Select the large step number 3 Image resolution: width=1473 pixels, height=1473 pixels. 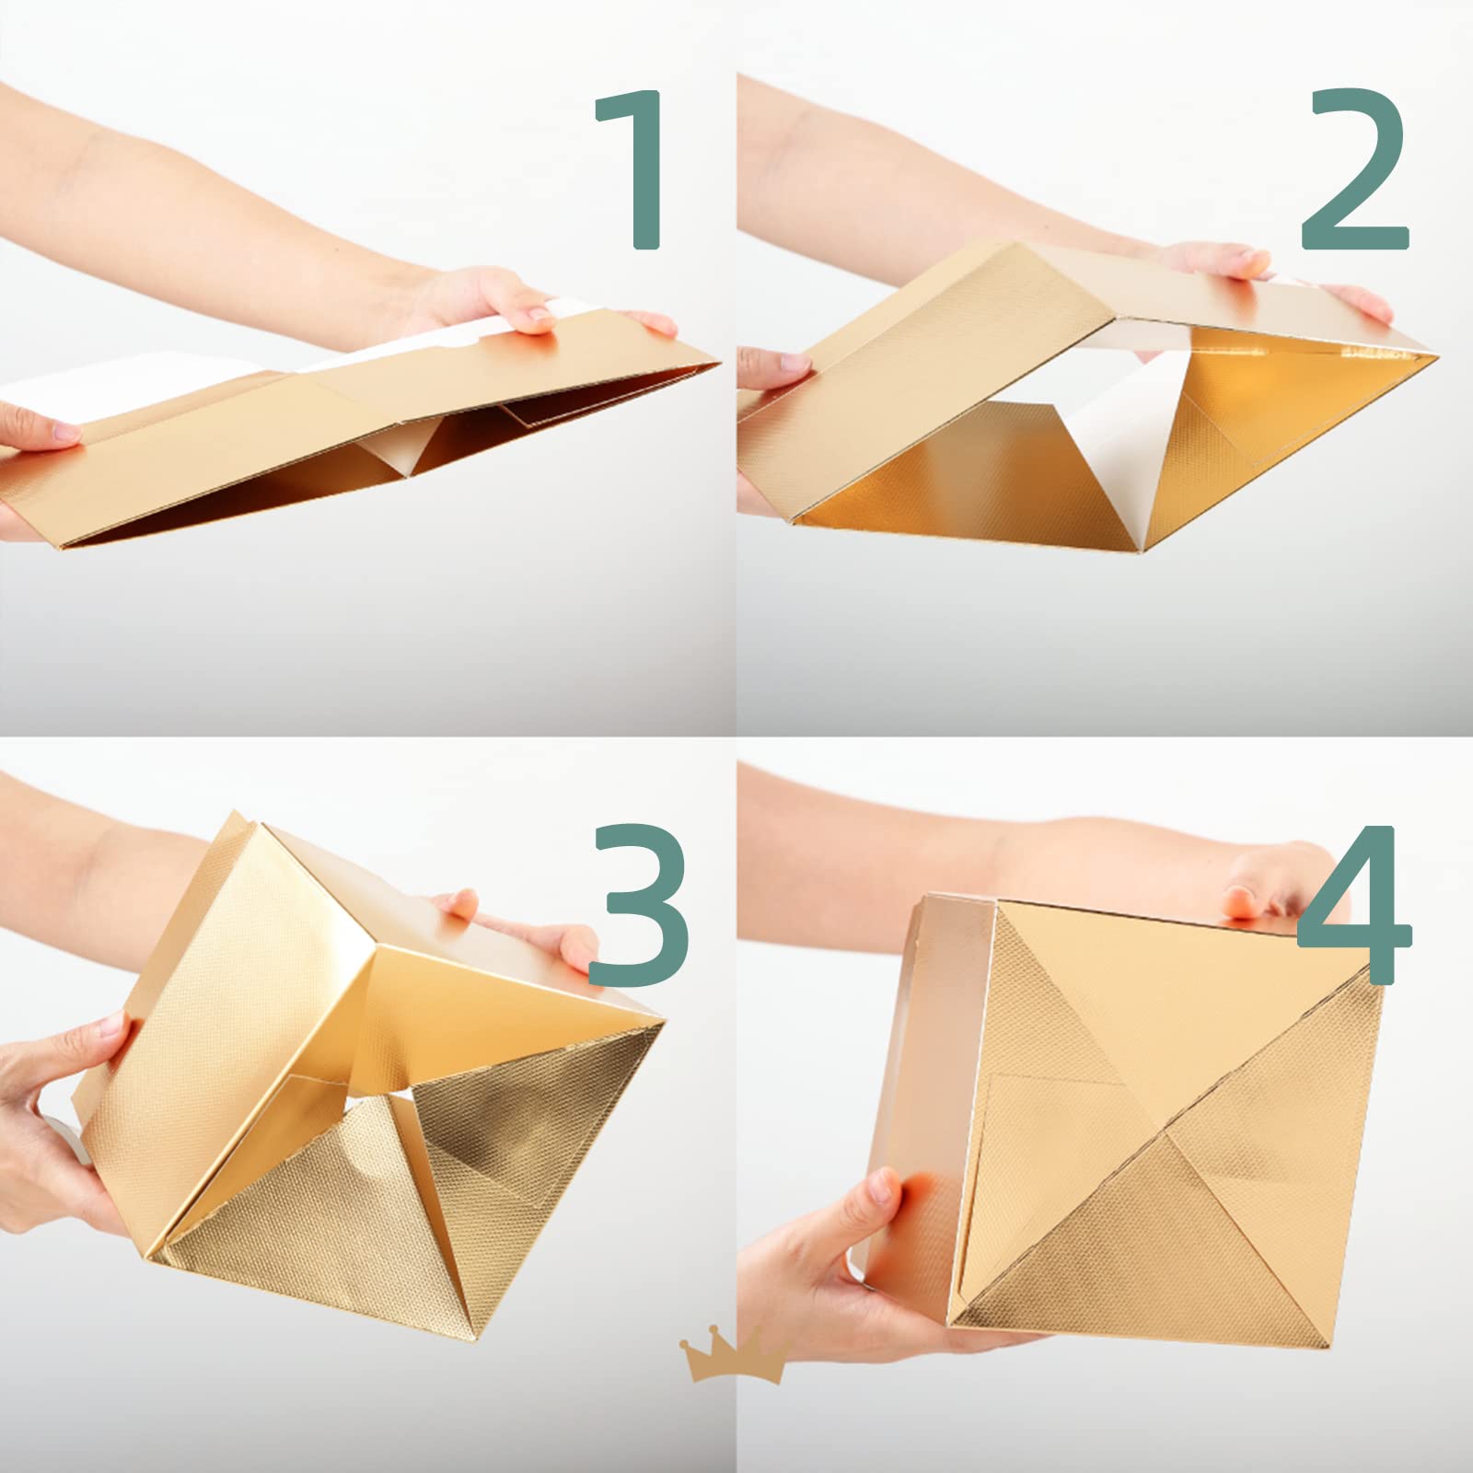638,906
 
